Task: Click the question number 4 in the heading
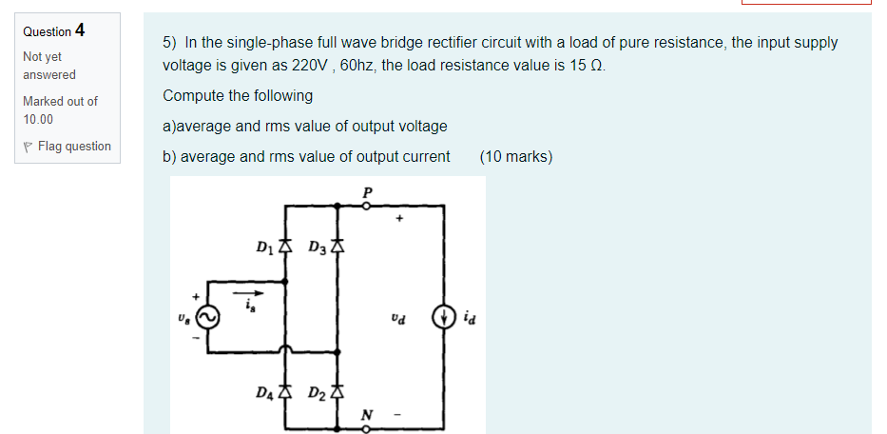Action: (80, 30)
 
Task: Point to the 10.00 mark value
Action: (38, 119)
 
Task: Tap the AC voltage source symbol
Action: (207, 317)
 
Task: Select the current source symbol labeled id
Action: (442, 316)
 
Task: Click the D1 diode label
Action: (266, 249)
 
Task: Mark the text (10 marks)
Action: (516, 156)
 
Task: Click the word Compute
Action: (191, 96)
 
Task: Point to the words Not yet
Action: (42, 57)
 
